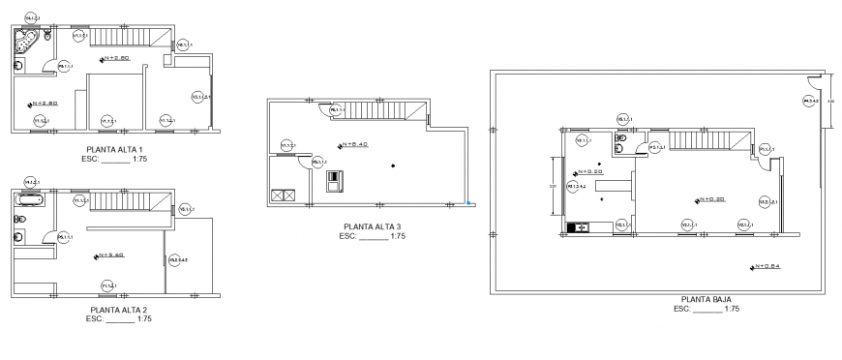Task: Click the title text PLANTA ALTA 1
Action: click(114, 148)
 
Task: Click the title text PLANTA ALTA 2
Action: click(114, 310)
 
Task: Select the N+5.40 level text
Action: click(111, 256)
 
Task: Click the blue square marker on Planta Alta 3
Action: click(468, 203)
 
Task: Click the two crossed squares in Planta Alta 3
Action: click(285, 195)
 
